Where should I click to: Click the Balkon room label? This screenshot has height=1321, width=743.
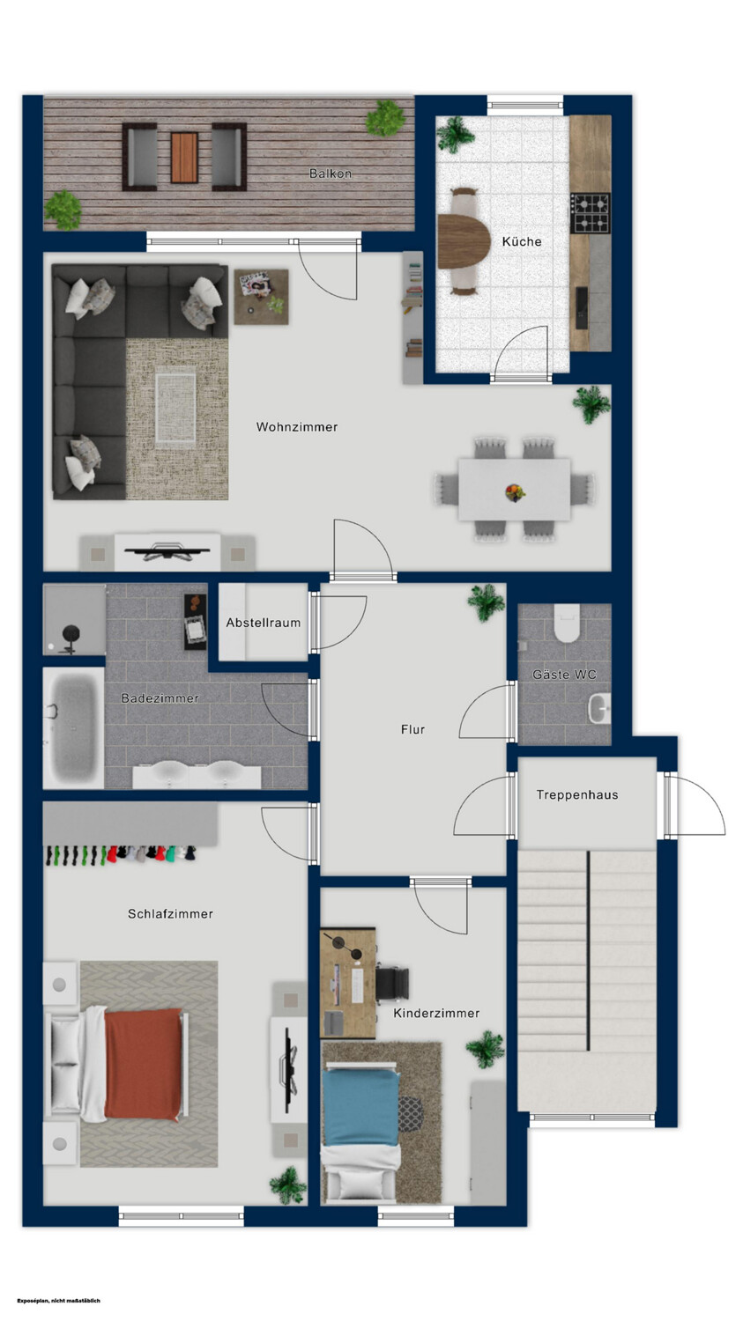click(331, 173)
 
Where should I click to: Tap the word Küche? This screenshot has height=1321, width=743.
click(522, 241)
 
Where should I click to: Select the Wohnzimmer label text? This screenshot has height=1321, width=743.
click(297, 426)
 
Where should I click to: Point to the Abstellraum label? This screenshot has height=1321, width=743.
click(264, 622)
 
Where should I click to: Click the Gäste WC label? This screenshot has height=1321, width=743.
click(564, 674)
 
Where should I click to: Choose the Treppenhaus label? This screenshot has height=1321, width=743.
click(577, 794)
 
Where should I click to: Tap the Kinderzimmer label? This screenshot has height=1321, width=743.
click(436, 1013)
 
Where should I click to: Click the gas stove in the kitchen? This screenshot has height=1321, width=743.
click(591, 213)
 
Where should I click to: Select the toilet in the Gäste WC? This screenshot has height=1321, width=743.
click(567, 623)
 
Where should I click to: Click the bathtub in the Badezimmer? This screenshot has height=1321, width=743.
click(74, 727)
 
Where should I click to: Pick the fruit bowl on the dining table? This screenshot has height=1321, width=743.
click(516, 491)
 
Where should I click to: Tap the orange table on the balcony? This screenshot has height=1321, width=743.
click(184, 157)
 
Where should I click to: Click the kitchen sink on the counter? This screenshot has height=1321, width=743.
click(582, 308)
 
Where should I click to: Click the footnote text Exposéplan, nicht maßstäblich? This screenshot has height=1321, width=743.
click(58, 1300)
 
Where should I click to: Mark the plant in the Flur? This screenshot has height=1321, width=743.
click(487, 602)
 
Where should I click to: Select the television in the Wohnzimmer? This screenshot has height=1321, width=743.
click(167, 551)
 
